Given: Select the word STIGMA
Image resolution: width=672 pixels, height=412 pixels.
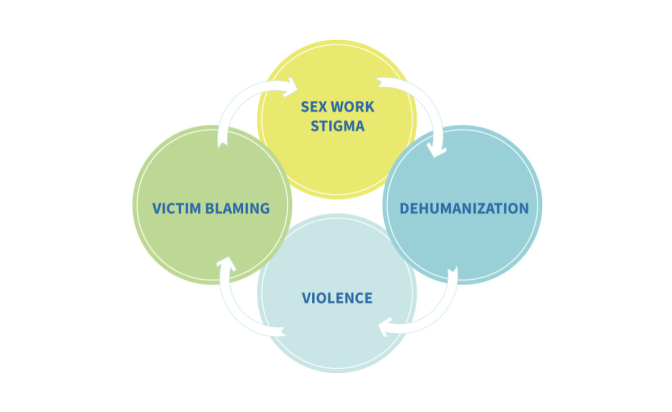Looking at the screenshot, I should pyautogui.click(x=338, y=126).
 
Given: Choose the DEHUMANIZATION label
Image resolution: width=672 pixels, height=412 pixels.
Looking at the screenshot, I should pyautogui.click(x=464, y=208).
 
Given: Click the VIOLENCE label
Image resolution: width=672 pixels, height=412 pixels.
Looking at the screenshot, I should pyautogui.click(x=337, y=298).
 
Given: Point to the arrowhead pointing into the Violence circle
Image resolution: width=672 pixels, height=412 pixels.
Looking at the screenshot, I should pyautogui.click(x=385, y=327).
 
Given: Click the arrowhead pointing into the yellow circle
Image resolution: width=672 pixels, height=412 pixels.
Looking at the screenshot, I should pyautogui.click(x=290, y=87).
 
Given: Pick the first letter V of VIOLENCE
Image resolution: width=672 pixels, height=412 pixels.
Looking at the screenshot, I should pyautogui.click(x=306, y=298).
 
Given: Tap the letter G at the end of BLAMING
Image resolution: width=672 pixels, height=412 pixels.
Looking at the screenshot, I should pyautogui.click(x=265, y=208).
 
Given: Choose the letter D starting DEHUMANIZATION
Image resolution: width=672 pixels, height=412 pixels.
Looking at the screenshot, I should pyautogui.click(x=404, y=208).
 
